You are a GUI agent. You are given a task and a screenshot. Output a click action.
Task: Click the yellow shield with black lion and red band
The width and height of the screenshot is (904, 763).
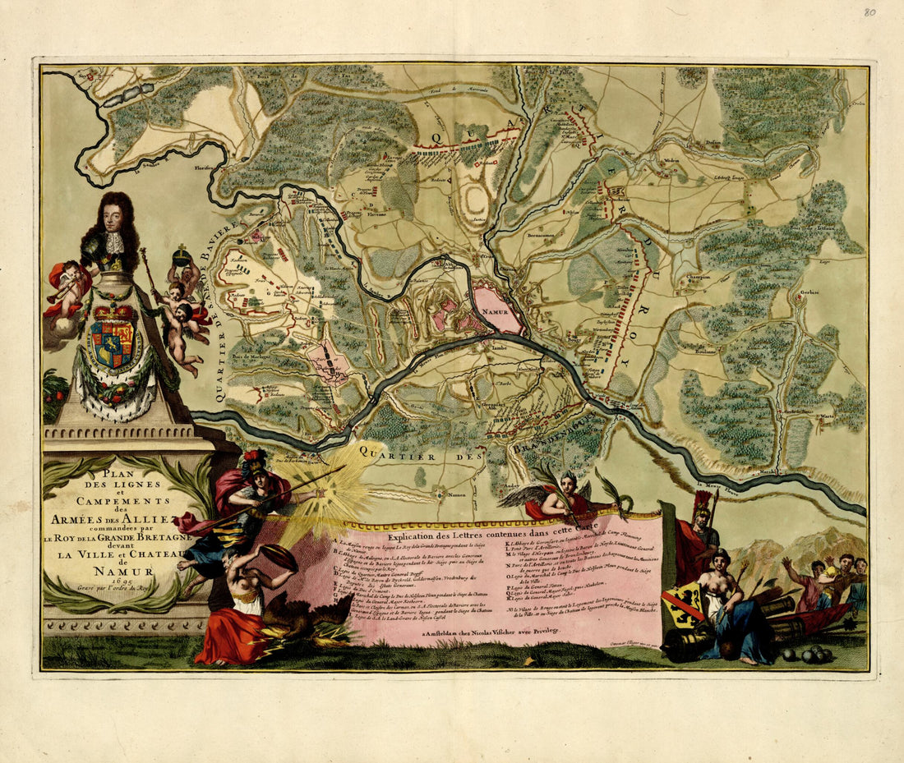coord(684,606)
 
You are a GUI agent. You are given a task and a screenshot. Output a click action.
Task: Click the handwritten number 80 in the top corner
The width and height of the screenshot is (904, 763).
coord(869,12)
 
